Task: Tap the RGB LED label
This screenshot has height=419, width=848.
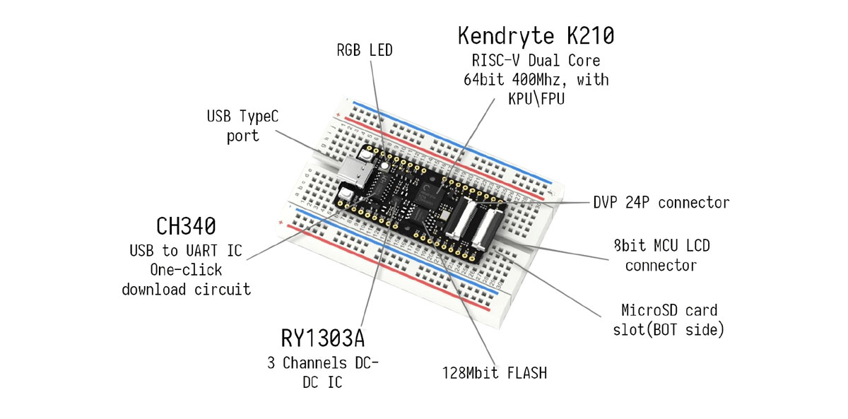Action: [364, 51]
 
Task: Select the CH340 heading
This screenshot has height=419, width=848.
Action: [187, 228]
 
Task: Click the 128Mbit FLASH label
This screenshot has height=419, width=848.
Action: [495, 372]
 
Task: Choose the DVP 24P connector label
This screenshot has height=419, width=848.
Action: [661, 203]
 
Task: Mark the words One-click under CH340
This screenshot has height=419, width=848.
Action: [186, 270]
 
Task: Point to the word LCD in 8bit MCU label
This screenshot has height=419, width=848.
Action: [695, 247]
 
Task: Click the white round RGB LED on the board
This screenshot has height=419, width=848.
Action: [384, 165]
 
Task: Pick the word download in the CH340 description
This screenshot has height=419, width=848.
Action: [155, 289]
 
